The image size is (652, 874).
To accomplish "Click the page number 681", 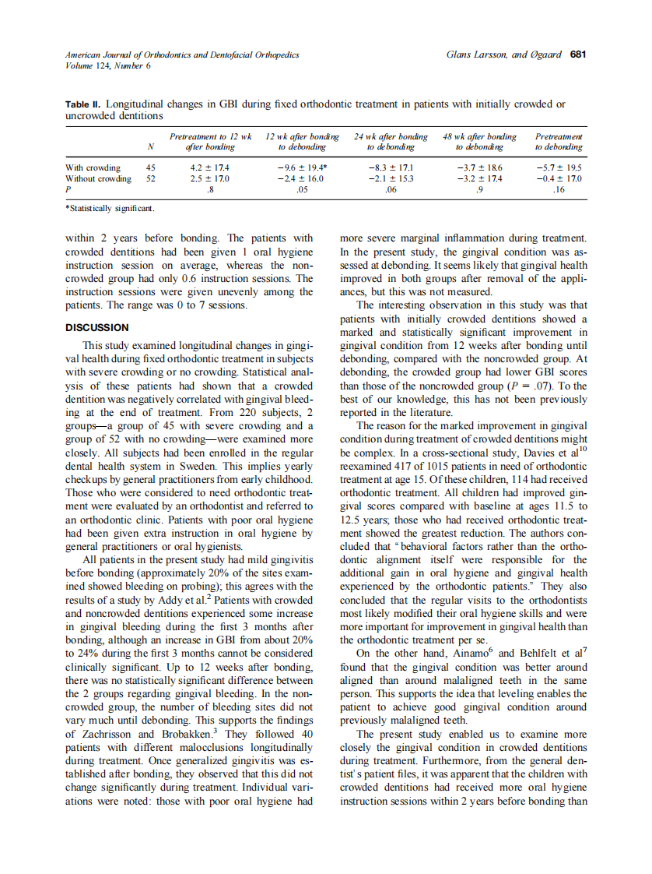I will pyautogui.click(x=578, y=55).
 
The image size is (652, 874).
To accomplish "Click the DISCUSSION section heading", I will pyautogui.click(x=97, y=328).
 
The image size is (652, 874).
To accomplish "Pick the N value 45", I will pyautogui.click(x=150, y=167).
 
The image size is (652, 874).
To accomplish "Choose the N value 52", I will pyautogui.click(x=150, y=178).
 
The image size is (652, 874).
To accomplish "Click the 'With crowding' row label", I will pyautogui.click(x=93, y=167).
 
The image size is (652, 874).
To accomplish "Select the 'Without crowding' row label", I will pyautogui.click(x=98, y=178).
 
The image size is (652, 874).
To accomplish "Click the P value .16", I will pyautogui.click(x=559, y=189).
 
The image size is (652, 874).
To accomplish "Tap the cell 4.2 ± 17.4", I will pyautogui.click(x=210, y=167).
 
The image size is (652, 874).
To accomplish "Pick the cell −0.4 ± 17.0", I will pyautogui.click(x=559, y=178).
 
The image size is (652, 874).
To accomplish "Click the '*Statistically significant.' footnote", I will pyautogui.click(x=110, y=209).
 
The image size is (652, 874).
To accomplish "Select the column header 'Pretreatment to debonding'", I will pyautogui.click(x=559, y=142).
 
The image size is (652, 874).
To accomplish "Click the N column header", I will pyautogui.click(x=150, y=146).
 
